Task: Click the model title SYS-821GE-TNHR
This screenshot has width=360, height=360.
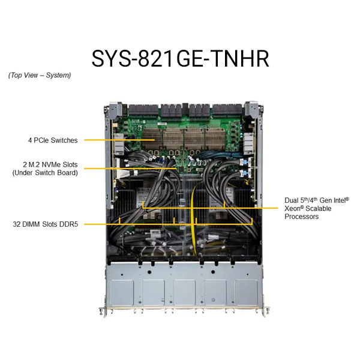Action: pos(180,59)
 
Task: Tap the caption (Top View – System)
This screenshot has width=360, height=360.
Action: pos(40,76)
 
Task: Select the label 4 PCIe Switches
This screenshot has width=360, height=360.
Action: pos(53,140)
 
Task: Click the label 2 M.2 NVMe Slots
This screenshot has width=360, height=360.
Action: pos(50,164)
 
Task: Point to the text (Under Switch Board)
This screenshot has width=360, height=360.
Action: pos(45,173)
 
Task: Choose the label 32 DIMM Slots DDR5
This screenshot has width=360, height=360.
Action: pos(46,224)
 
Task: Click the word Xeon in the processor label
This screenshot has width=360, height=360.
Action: pos(293,208)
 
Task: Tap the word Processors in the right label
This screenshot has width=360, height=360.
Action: pos(301,217)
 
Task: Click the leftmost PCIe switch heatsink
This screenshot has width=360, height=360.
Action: pos(152,139)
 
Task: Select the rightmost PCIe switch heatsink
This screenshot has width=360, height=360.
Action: pos(215,139)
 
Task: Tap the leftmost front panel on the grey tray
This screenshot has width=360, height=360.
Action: pos(122,292)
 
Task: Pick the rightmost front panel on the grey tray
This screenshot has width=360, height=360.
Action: pos(247,292)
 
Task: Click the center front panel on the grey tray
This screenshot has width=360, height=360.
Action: pos(184,292)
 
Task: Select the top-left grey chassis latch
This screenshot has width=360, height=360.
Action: pos(115,110)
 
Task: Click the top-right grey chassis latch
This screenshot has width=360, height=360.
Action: pos(251,110)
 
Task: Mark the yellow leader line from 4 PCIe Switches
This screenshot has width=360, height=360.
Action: pos(119,140)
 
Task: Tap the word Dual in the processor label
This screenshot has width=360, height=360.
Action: pos(292,200)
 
